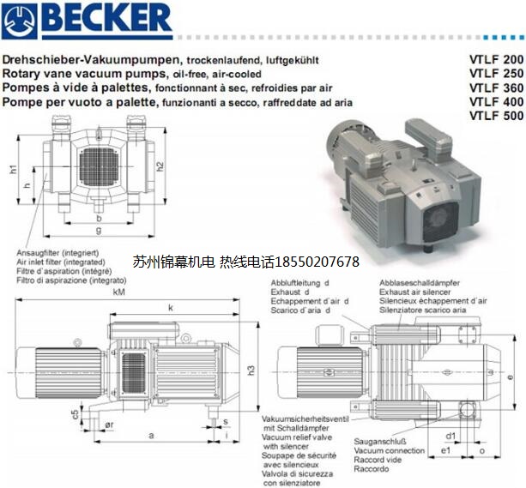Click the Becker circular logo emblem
point(19,21)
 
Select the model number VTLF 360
point(497,87)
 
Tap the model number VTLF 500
point(497,116)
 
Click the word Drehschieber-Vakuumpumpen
point(91,60)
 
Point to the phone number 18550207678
point(317,262)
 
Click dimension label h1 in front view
point(13,169)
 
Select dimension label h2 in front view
point(160,166)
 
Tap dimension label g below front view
point(99,230)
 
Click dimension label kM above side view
point(118,292)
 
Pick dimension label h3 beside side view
point(251,371)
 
